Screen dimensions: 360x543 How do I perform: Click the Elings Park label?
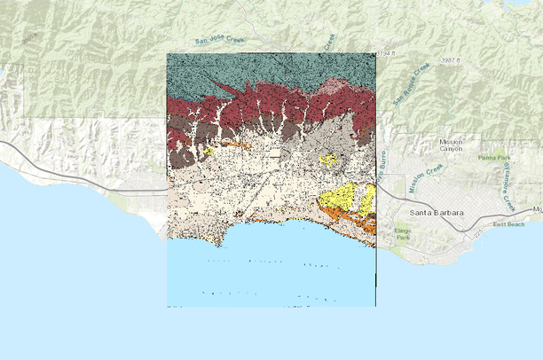(x=403, y=235)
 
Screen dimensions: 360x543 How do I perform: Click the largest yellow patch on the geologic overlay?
(x=342, y=197)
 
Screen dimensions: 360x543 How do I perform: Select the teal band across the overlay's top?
(x=266, y=71)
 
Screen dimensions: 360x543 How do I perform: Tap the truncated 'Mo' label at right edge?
(x=536, y=209)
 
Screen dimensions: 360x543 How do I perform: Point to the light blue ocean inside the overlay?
(x=266, y=275)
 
